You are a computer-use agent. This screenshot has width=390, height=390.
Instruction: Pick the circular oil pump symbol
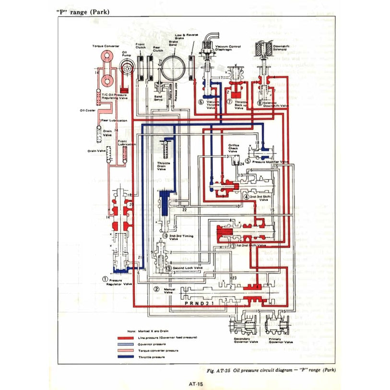point(127,69)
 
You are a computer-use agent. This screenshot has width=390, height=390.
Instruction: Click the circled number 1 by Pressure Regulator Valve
point(104,278)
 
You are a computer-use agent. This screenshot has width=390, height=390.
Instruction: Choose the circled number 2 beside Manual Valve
point(156,289)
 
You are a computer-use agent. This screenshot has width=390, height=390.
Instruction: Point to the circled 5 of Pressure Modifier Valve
point(248,161)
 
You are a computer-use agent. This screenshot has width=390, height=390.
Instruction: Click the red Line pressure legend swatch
point(126,338)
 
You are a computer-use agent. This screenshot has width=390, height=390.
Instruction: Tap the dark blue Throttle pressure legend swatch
point(126,357)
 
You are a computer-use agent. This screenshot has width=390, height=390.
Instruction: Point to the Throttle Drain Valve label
point(164,166)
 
